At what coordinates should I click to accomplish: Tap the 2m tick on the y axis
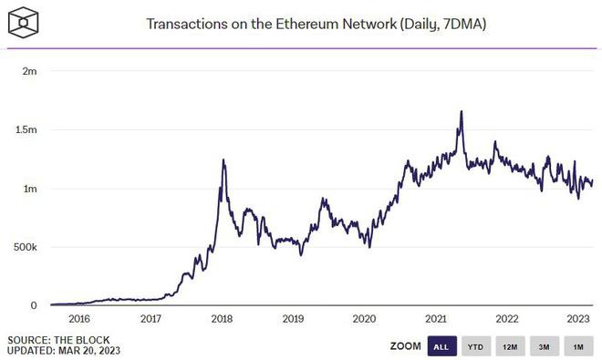coord(29,71)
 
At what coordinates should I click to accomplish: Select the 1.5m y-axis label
coord(26,130)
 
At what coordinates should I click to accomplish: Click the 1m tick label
coord(29,189)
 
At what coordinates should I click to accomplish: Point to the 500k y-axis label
coord(24,247)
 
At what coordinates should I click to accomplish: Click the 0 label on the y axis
coord(34,305)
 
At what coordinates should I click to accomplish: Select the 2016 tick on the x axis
coord(79,319)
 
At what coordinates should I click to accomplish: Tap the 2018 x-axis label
coord(222,319)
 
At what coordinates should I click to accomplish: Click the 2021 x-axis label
coord(435,319)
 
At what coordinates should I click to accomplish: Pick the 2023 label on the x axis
coord(577,319)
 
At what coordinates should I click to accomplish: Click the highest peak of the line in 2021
coord(462,111)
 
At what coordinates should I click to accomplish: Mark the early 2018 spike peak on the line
coord(223,160)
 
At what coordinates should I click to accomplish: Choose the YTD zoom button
coord(475,346)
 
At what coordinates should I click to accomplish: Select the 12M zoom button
coord(510,346)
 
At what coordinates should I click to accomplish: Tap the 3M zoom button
coord(544,346)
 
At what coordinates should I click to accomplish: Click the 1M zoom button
coord(577,346)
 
